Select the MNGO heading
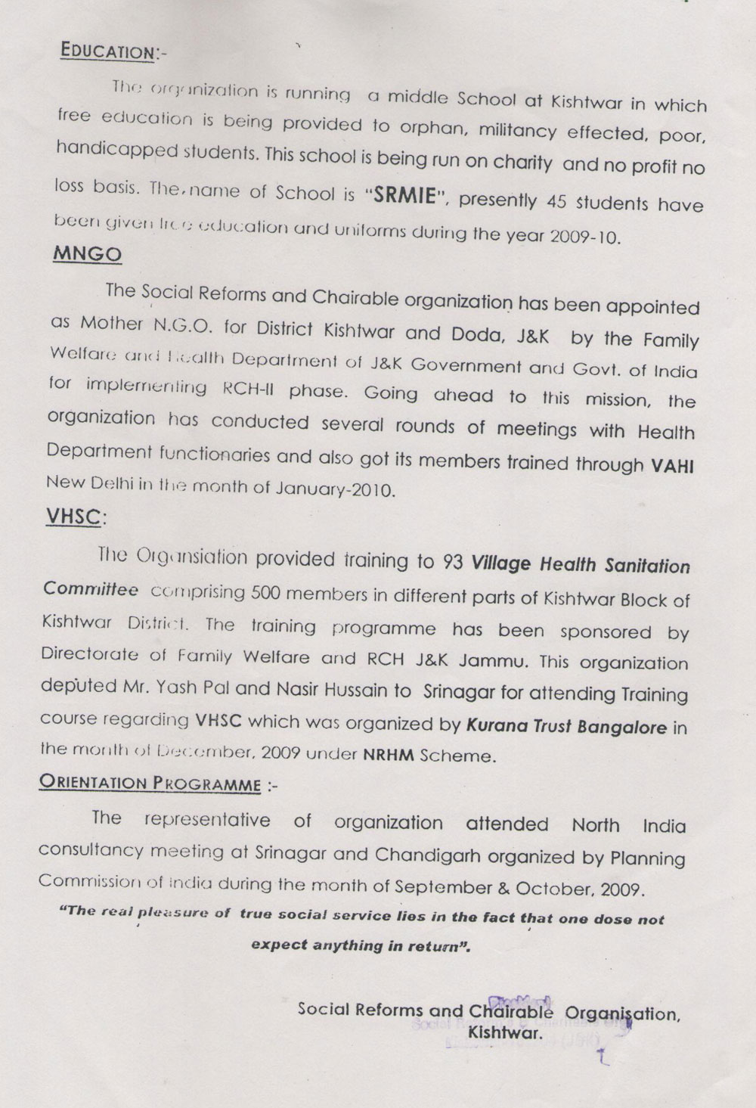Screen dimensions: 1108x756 [87, 254]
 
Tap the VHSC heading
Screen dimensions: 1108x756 [75, 517]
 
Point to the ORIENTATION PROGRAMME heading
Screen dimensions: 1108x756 [149, 783]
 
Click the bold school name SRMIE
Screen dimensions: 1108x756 [401, 194]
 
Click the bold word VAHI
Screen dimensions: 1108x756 [673, 465]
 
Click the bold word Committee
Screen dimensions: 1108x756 [90, 589]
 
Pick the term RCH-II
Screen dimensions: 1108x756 [249, 389]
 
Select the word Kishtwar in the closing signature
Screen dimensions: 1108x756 [505, 1032]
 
